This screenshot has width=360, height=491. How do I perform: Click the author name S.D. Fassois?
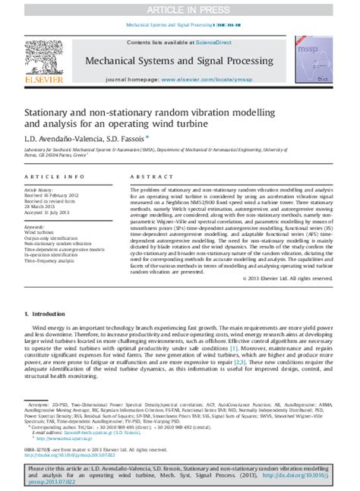(140, 140)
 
